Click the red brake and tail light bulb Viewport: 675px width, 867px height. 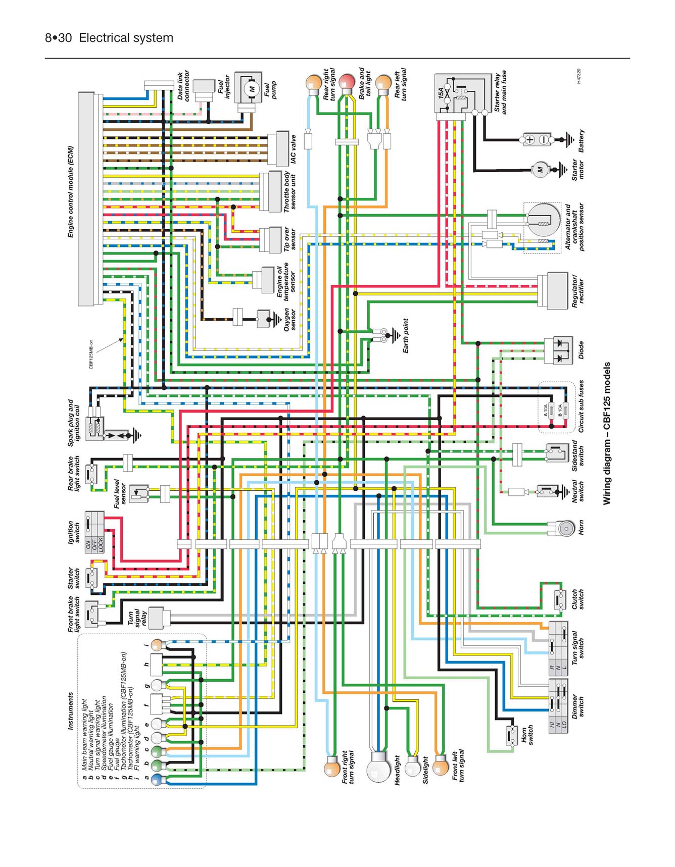click(347, 82)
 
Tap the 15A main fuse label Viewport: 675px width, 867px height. click(441, 92)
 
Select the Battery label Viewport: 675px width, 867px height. click(581, 141)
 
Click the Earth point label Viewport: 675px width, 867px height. click(405, 335)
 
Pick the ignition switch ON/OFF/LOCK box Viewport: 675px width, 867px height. click(94, 532)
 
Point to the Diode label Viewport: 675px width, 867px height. click(581, 350)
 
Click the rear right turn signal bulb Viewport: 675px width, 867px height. click(313, 82)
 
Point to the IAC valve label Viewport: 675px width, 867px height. click(294, 149)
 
